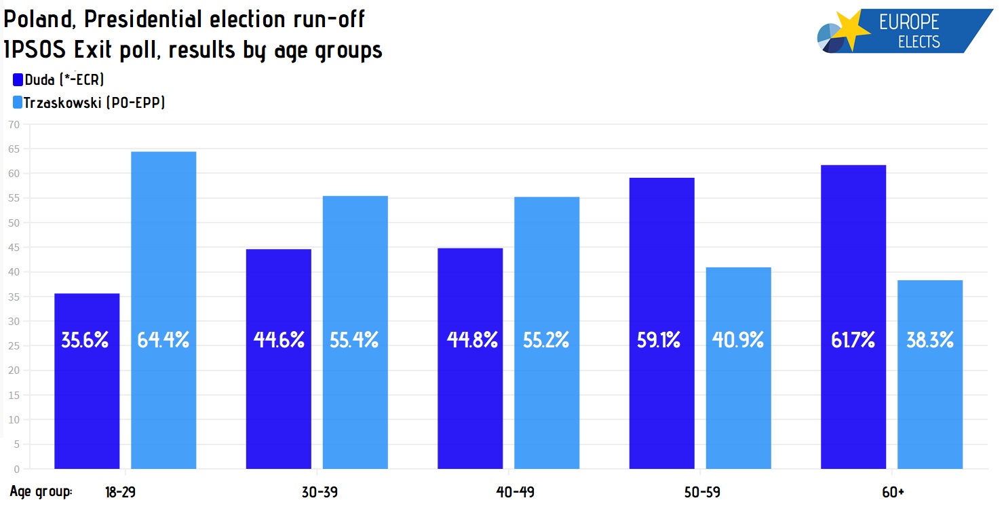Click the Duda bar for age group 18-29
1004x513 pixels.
[87, 381]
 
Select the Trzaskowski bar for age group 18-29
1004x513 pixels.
[163, 310]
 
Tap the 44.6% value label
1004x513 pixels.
[279, 340]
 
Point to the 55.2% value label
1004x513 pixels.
[546, 340]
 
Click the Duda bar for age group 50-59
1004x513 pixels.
[662, 323]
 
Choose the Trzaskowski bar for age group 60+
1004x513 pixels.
[930, 375]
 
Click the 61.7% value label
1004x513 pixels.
[853, 340]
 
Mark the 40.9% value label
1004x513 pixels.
[738, 340]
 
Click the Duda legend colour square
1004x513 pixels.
[18, 80]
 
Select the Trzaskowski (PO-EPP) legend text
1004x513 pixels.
[94, 102]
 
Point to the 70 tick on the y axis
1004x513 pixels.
[14, 125]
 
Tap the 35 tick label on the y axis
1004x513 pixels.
[14, 297]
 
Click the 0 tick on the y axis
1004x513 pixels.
[17, 469]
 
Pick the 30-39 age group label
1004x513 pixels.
[320, 493]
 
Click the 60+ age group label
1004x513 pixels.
[893, 493]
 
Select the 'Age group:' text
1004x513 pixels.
[41, 492]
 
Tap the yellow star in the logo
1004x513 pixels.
[850, 29]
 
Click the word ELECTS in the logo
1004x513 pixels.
[919, 41]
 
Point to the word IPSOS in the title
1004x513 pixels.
[35, 50]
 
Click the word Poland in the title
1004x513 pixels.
[39, 20]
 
